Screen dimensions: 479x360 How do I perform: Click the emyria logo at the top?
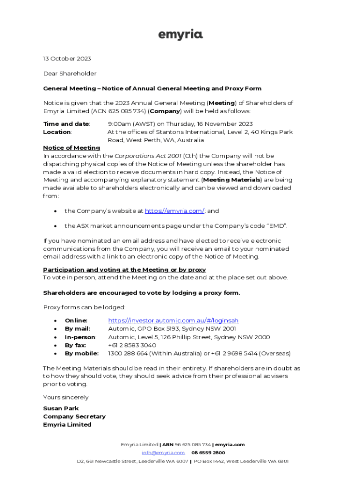[x=180, y=35]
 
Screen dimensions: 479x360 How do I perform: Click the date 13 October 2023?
[x=67, y=58]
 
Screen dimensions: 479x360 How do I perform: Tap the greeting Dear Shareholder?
[x=70, y=73]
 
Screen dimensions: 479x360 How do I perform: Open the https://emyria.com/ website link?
[x=174, y=211]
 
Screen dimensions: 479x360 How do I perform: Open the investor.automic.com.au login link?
[x=173, y=320]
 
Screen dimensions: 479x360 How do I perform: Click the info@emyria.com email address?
[x=163, y=453]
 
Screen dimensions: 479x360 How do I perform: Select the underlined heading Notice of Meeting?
[x=72, y=148]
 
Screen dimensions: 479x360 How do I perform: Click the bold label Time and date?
[x=66, y=124]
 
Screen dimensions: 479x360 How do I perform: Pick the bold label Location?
[x=57, y=132]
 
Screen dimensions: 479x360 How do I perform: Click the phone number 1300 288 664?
[x=127, y=353]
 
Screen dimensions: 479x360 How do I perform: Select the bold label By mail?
[x=77, y=328]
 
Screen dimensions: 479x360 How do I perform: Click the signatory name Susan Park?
[x=61, y=408]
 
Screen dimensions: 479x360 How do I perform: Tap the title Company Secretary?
[x=74, y=416]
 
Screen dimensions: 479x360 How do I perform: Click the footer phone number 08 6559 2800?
[x=208, y=453]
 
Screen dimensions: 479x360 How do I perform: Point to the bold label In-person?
[x=80, y=337]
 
